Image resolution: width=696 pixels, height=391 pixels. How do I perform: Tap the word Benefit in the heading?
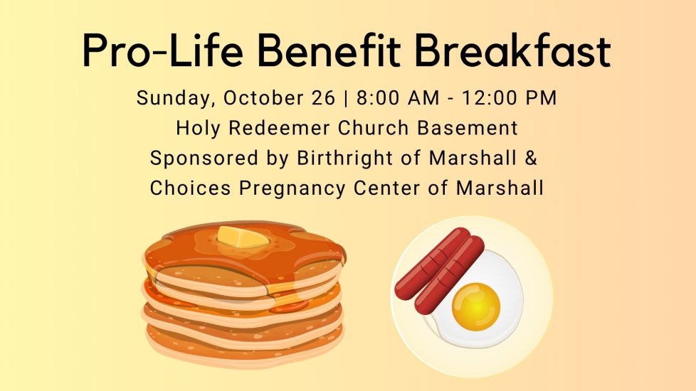329,50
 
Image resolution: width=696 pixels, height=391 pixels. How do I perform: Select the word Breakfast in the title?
513,50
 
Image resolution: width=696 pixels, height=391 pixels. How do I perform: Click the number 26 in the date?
323,98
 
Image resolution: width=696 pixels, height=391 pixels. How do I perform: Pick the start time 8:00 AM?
398,98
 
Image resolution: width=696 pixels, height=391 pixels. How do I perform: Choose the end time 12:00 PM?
509,98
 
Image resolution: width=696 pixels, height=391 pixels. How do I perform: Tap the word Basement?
468,128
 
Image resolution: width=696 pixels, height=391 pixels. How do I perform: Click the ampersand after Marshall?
532,159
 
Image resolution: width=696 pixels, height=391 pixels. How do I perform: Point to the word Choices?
191,188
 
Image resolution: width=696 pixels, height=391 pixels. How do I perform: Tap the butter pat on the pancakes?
243,237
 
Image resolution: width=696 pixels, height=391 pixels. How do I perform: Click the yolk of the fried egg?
476,307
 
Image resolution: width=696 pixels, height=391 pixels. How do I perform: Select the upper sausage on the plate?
433,263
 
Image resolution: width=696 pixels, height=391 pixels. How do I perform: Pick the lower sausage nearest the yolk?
449,275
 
